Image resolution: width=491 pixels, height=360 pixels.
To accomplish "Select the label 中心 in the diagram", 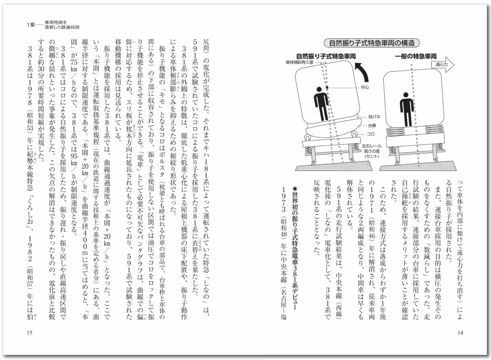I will coord(365,88).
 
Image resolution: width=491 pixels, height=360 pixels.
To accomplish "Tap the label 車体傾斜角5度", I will coord(300,63).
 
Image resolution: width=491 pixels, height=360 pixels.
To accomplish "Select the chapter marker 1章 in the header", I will coord(31,25).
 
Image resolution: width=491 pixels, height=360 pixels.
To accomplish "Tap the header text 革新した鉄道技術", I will coord(62,27).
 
